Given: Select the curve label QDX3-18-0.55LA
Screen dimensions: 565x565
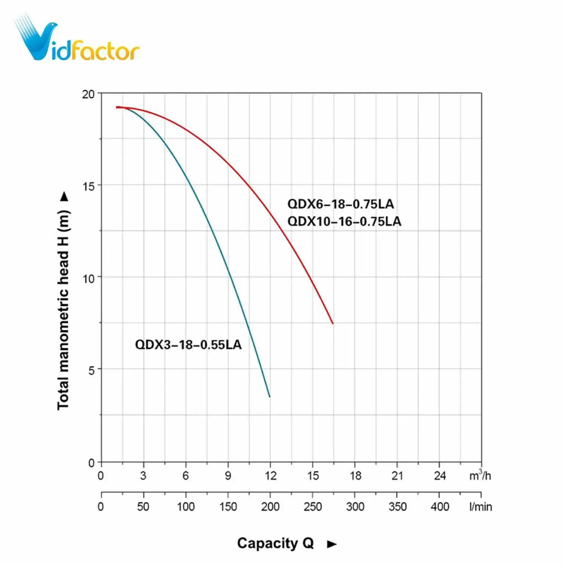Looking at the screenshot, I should point(188,345).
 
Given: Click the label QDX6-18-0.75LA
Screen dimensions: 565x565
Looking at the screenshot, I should point(341,204).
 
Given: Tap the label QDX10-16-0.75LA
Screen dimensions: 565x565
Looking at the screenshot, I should point(344,221).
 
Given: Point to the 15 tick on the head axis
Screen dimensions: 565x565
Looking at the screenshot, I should point(89,186).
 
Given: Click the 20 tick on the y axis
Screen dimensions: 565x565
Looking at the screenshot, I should point(89,94).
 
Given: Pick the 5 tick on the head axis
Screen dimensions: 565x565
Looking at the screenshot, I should point(92,370).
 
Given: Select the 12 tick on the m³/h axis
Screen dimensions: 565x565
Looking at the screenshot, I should point(270,476).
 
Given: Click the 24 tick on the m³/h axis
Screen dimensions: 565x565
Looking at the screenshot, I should point(440,476).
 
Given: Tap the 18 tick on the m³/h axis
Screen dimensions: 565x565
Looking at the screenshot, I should point(355,476).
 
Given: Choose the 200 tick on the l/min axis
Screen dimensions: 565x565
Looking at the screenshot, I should point(270,507).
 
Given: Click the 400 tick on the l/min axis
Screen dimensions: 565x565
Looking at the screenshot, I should point(440,507).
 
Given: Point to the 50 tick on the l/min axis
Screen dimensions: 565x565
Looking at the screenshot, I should point(143,507).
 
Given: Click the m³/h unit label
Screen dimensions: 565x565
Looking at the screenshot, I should point(480,475).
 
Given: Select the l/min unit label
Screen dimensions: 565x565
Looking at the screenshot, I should point(481,507).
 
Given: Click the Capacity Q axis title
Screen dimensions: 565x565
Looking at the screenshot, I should point(275,543).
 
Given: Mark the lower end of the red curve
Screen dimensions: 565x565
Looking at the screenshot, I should point(333,323).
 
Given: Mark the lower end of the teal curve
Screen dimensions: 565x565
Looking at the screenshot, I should point(269,396).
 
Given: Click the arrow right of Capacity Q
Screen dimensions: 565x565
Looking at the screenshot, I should point(331,544).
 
